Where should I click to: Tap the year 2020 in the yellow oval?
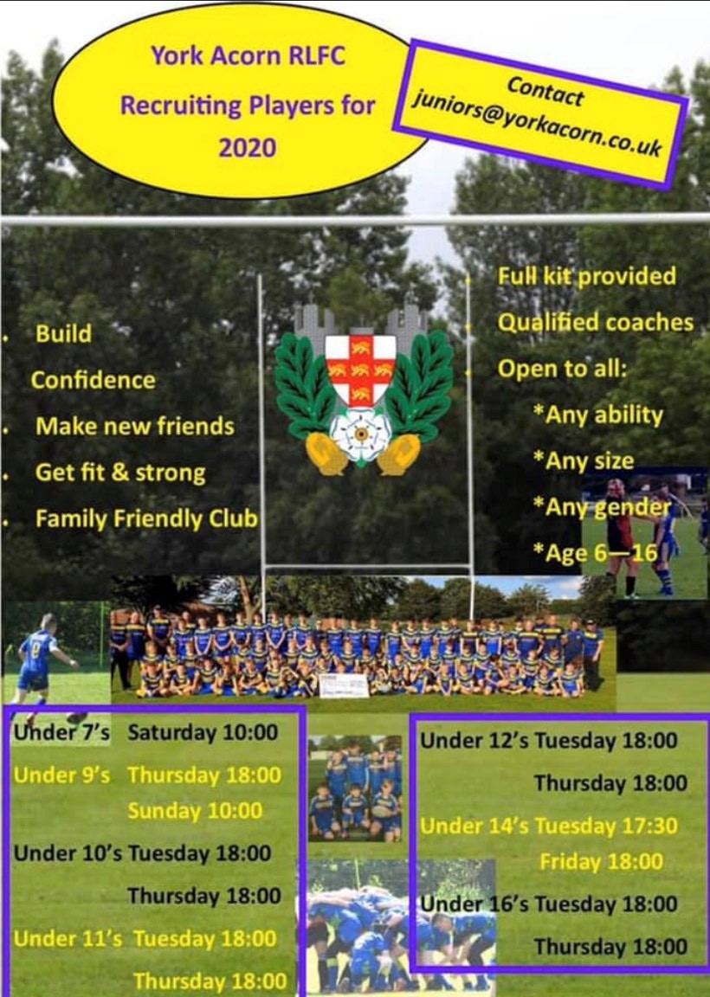point(248,148)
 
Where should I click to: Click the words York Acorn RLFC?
point(248,56)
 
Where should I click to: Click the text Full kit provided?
point(586,276)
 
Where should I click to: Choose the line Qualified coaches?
point(596,322)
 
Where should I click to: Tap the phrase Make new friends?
point(135,426)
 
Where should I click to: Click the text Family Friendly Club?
point(146,519)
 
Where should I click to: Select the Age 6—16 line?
point(596,553)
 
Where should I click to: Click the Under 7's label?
point(61,732)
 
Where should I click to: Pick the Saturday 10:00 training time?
point(203,732)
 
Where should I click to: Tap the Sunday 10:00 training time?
point(195,811)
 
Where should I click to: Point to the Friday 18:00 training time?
point(601,862)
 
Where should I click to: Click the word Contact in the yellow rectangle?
point(545,90)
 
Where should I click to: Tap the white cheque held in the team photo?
point(345,685)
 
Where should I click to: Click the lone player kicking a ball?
point(40,661)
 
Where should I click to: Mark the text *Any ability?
point(598,415)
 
